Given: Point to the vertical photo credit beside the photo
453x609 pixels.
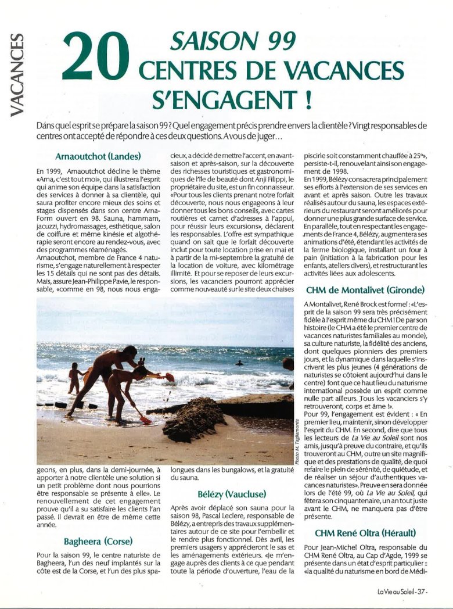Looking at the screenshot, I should (x=297, y=440).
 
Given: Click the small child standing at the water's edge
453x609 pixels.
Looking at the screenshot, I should (x=74, y=378).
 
